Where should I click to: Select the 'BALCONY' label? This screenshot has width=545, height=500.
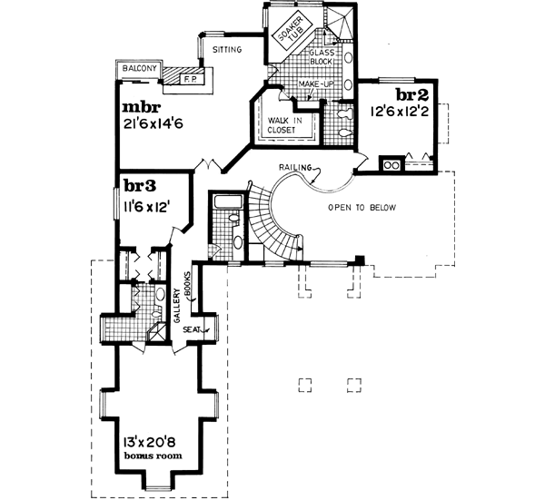(x=141, y=69)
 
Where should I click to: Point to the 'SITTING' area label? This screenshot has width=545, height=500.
(x=226, y=50)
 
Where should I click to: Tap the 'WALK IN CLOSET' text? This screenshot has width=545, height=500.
(x=284, y=123)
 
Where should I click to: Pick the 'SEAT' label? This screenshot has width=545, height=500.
(x=193, y=328)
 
